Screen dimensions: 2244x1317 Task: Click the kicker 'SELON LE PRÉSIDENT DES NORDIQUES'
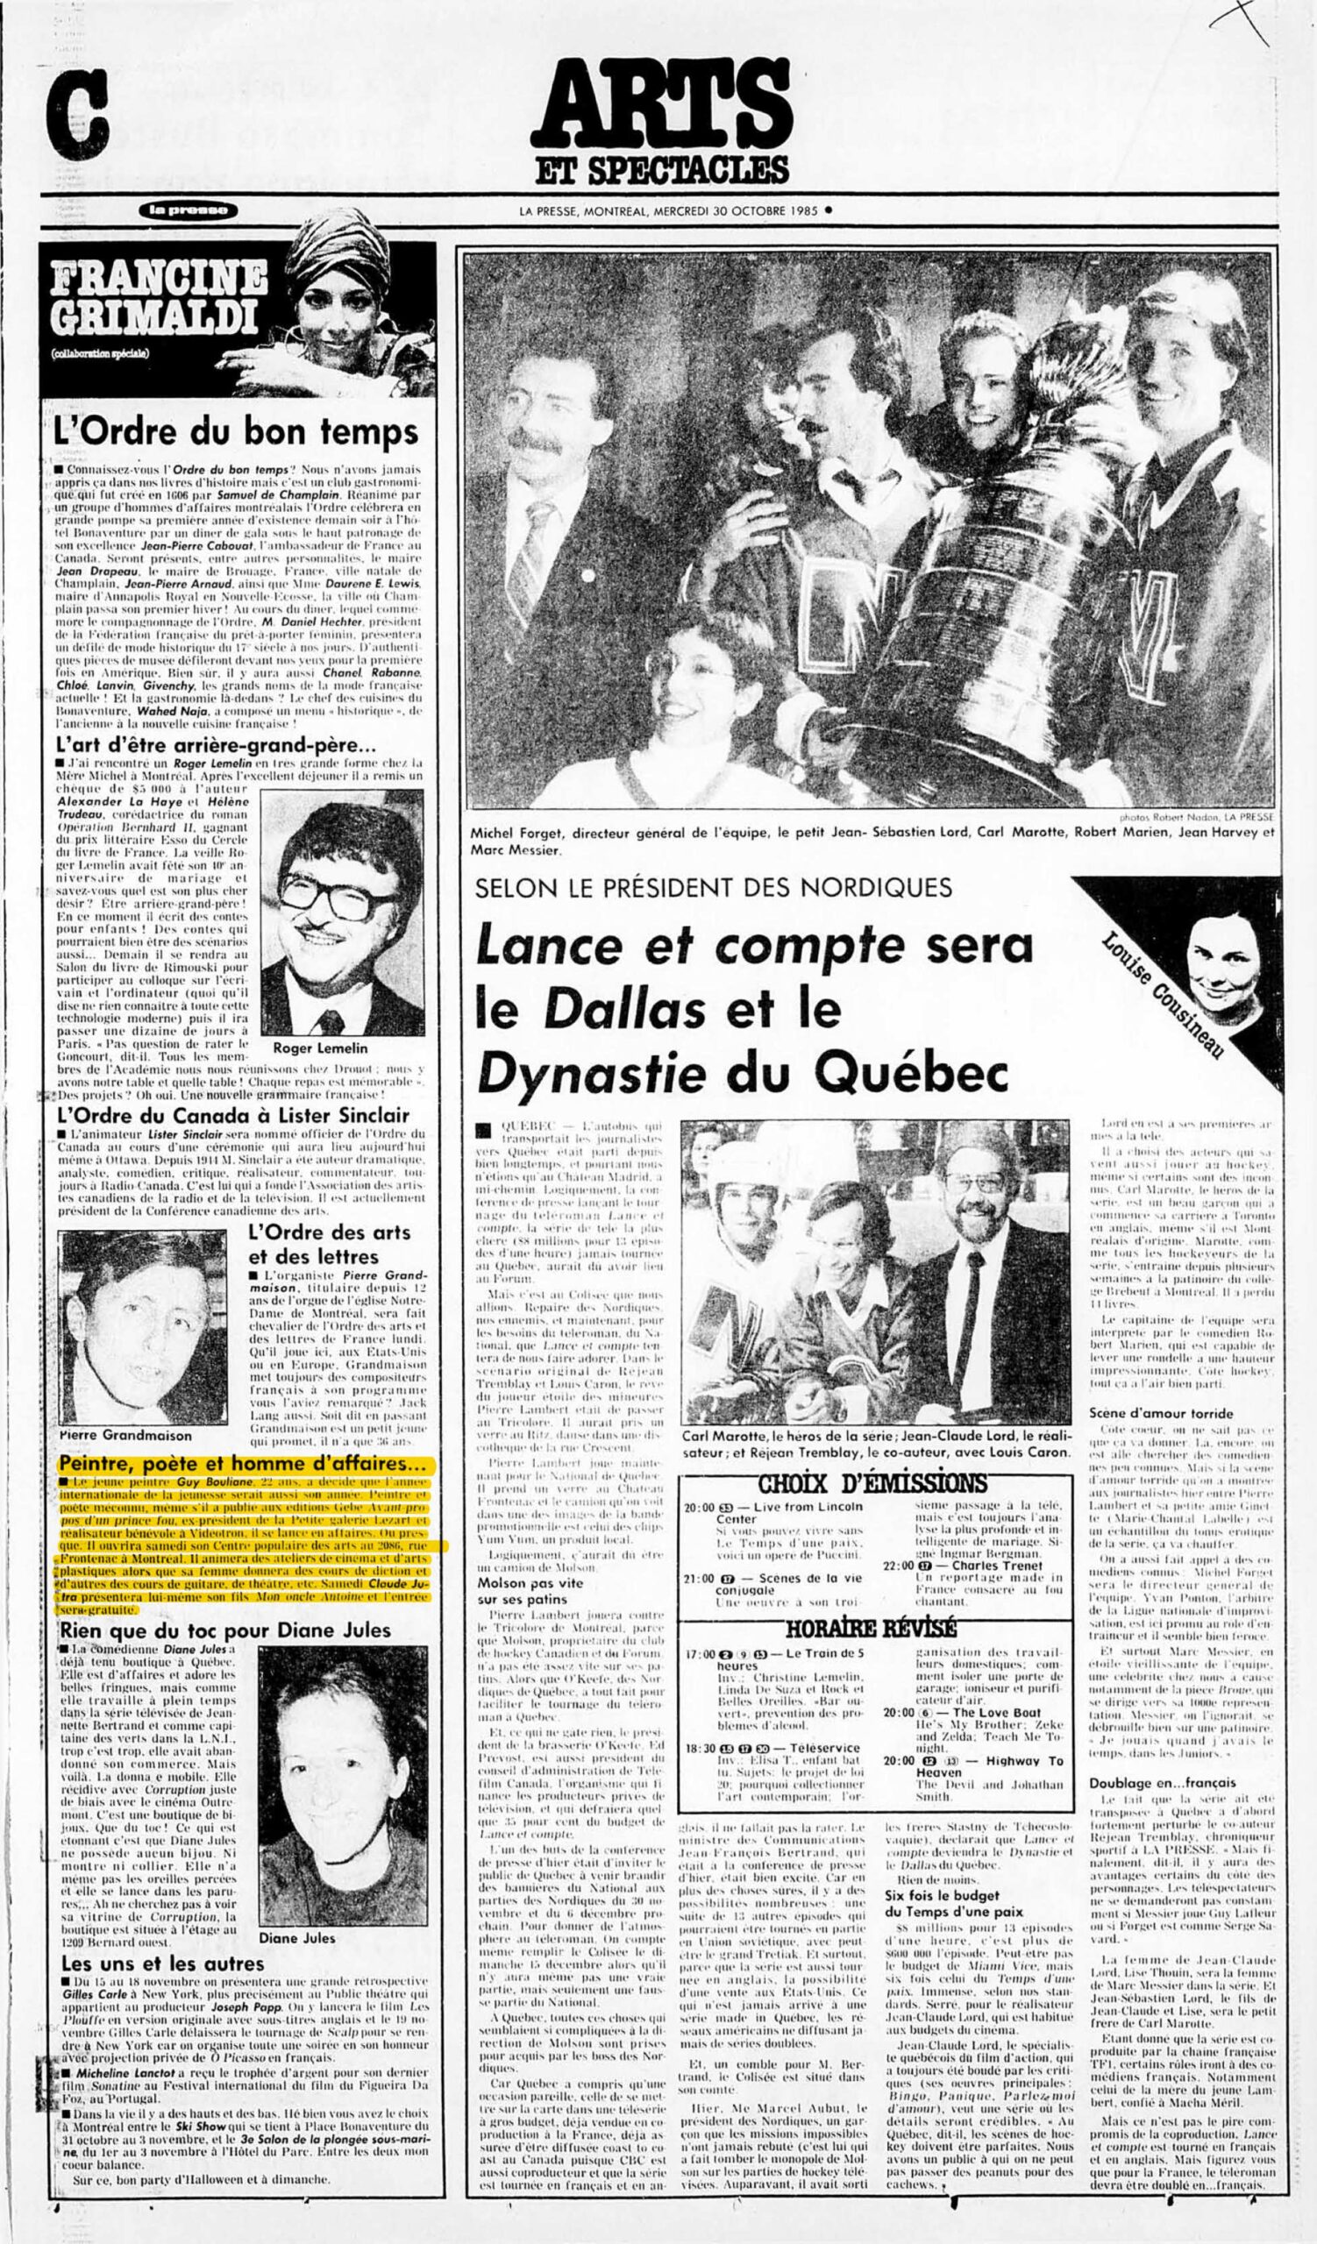(x=714, y=888)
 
